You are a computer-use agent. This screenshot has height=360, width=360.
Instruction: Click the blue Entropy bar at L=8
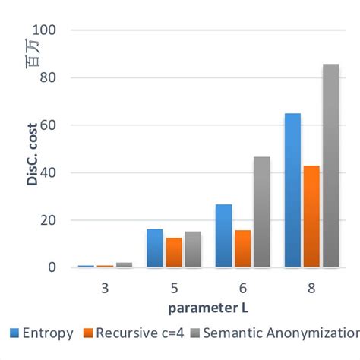tap(292, 190)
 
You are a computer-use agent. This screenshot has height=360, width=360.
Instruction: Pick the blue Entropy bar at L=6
tap(223, 235)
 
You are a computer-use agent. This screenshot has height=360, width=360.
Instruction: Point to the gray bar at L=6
tap(261, 212)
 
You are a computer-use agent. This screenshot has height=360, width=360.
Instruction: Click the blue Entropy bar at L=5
tap(154, 248)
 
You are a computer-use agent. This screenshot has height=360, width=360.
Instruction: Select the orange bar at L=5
tap(174, 252)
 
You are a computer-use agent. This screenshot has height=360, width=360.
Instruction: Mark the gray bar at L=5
tap(193, 249)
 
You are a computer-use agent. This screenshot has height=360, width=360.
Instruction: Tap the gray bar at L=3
tap(124, 264)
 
